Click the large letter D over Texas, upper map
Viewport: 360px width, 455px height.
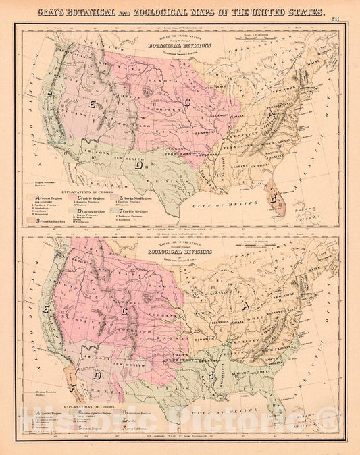[x=138, y=163]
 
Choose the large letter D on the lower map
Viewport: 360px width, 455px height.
[x=98, y=373]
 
